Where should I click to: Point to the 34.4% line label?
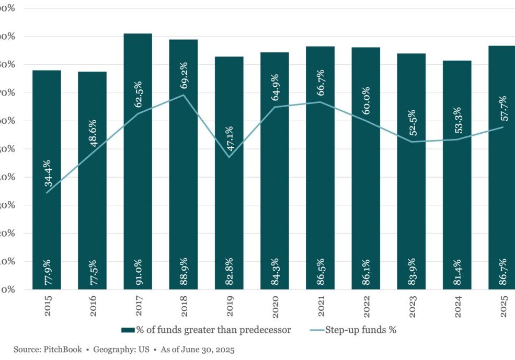(48, 173)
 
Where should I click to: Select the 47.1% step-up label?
(230, 138)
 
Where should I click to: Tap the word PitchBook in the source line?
(63, 349)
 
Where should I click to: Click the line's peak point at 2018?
(184, 95)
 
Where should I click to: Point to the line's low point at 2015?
(47, 193)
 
